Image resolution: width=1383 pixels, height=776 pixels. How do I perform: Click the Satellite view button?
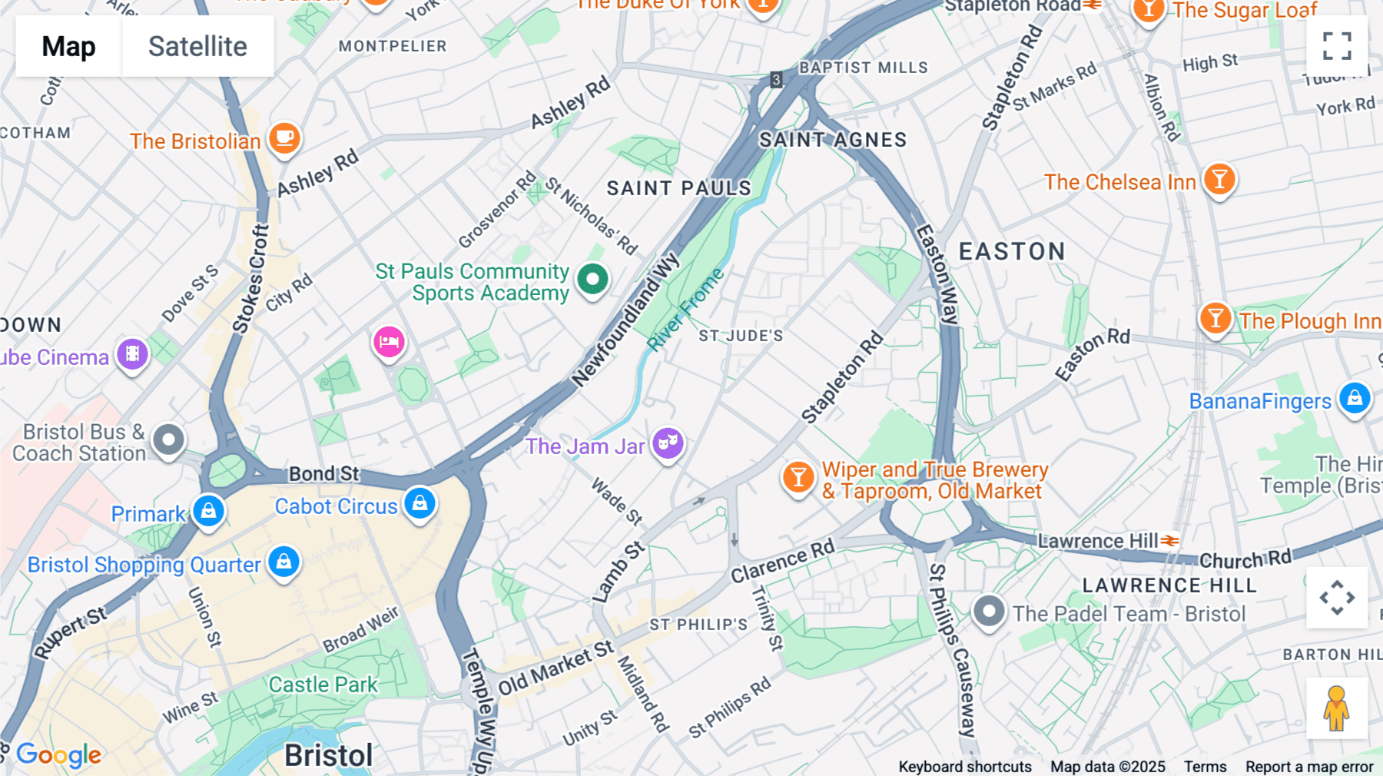click(x=197, y=47)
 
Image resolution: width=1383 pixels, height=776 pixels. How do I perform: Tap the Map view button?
click(x=68, y=47)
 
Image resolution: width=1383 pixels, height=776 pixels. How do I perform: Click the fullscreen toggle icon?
click(x=1337, y=46)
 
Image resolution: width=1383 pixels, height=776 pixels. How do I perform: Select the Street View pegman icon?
click(x=1336, y=708)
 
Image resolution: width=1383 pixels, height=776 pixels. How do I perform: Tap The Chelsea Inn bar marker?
click(x=1219, y=180)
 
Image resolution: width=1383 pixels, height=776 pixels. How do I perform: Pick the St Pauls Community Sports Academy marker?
click(x=592, y=279)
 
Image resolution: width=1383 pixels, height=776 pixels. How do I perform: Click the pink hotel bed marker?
click(x=389, y=342)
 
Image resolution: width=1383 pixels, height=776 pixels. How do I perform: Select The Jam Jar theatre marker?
click(x=668, y=443)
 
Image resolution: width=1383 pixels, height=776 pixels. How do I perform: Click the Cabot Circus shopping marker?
click(x=420, y=504)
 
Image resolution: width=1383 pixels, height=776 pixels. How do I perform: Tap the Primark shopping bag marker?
click(x=208, y=511)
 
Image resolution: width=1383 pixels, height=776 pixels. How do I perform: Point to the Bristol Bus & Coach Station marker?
click(x=168, y=440)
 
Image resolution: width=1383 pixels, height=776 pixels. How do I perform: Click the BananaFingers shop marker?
click(x=1355, y=399)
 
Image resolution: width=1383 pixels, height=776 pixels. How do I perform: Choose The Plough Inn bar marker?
click(x=1216, y=318)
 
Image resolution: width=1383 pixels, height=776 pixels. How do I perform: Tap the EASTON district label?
click(x=1012, y=251)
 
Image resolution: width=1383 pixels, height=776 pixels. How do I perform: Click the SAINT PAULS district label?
click(x=678, y=188)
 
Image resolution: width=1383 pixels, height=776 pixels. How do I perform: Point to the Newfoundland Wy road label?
click(x=625, y=320)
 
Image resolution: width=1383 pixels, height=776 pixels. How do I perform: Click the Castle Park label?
click(x=323, y=685)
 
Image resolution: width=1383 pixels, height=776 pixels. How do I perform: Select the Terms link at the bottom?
click(x=1205, y=767)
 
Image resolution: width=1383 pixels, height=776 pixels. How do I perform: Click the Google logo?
click(x=58, y=755)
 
